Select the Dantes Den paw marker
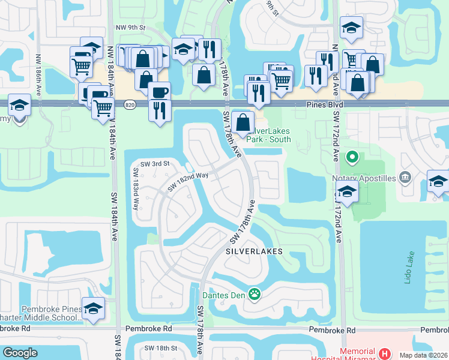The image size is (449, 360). click(255, 294)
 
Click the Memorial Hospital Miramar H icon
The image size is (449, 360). click(385, 354)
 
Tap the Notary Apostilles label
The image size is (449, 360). click(366, 178)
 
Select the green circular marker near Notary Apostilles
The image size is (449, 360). click(352, 158)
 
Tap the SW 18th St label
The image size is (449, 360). click(160, 348)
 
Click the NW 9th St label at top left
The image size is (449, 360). click(131, 27)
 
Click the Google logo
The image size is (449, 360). click(20, 353)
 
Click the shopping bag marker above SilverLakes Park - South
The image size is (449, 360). click(242, 122)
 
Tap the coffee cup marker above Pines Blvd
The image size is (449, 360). click(160, 92)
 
